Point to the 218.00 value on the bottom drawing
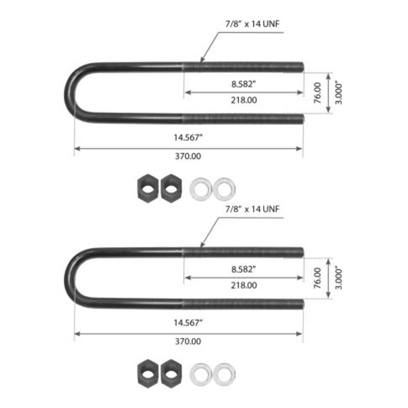244,285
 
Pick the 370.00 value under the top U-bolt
188,156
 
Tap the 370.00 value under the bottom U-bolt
188,341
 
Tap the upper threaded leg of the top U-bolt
243,67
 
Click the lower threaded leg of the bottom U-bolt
243,304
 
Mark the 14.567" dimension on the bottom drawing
188,322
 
